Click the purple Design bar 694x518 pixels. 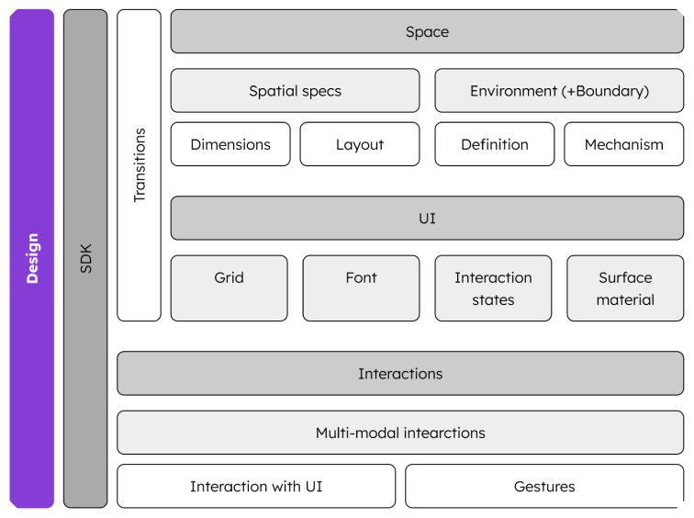pyautogui.click(x=32, y=258)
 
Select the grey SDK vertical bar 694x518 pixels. pyautogui.click(x=85, y=258)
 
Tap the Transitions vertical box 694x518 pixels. pyautogui.click(x=139, y=165)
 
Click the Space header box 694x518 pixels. pyautogui.click(x=427, y=32)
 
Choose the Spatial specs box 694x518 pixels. pyautogui.click(x=295, y=91)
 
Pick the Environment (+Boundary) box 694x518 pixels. pyautogui.click(x=559, y=91)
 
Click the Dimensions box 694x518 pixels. pyautogui.click(x=230, y=144)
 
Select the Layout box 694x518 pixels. pyautogui.click(x=360, y=144)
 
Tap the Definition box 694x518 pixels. pyautogui.click(x=495, y=144)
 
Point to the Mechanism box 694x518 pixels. pyautogui.click(x=623, y=144)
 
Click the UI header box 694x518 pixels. pyautogui.click(x=427, y=219)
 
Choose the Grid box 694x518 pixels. pyautogui.click(x=229, y=288)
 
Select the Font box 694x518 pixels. pyautogui.click(x=361, y=288)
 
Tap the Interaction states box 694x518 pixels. pyautogui.click(x=493, y=288)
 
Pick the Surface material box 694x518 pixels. pyautogui.click(x=625, y=288)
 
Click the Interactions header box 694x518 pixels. pyautogui.click(x=400, y=374)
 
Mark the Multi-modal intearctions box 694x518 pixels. pyautogui.click(x=400, y=433)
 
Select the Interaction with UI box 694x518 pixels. pyautogui.click(x=256, y=486)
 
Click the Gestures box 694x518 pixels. pyautogui.click(x=544, y=486)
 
